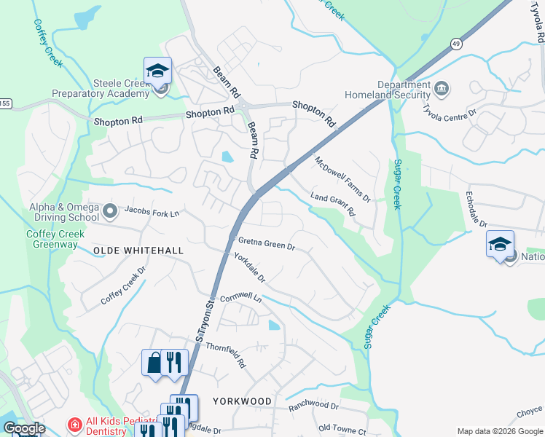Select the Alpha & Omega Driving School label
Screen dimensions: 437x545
[x=64, y=212]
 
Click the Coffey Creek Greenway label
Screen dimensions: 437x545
[x=55, y=240]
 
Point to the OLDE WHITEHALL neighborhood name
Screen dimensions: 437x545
[x=138, y=251]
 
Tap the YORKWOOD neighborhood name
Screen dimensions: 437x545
[x=243, y=401]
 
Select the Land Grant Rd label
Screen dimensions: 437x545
[x=332, y=205]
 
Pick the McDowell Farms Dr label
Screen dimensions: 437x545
[x=342, y=179]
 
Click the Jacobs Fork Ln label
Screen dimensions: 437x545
[x=152, y=213]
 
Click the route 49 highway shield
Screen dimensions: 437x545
[x=455, y=43]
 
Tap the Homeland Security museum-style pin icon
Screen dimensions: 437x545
[x=442, y=90]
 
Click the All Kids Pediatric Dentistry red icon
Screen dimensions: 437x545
[x=74, y=424]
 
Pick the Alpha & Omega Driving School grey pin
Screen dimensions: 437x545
[x=110, y=212]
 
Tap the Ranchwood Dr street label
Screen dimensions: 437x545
[x=314, y=406]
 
